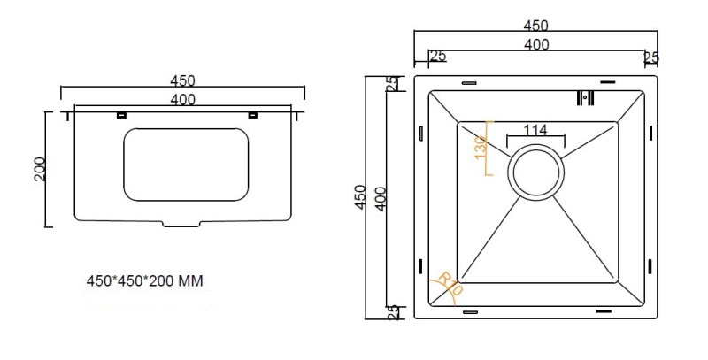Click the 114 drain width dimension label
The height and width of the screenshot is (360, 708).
(x=535, y=130)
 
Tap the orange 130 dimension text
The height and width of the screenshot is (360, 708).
(x=481, y=147)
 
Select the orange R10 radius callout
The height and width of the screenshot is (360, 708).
(x=450, y=283)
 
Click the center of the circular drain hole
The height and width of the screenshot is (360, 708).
(x=536, y=172)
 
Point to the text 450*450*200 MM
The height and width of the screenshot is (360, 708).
(x=145, y=281)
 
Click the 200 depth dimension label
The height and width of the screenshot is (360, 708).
(x=40, y=169)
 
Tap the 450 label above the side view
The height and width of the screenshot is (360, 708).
(x=183, y=81)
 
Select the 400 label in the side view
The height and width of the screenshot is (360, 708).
(x=183, y=99)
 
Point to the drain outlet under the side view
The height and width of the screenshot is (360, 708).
(x=181, y=223)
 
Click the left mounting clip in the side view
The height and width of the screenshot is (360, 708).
(x=121, y=116)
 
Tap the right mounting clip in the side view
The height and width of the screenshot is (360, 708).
(x=253, y=116)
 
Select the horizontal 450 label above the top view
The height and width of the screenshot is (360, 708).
(x=536, y=26)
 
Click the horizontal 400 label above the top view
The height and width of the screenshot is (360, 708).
(x=537, y=44)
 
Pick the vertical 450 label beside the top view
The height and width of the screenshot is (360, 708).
(x=360, y=196)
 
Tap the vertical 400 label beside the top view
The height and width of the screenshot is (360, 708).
(x=381, y=199)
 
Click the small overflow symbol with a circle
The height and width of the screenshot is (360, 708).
(x=585, y=98)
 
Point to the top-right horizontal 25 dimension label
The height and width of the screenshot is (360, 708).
(x=651, y=57)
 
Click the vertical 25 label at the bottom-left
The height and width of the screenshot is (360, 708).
(x=393, y=312)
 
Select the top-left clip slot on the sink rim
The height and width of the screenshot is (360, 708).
(x=469, y=82)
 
